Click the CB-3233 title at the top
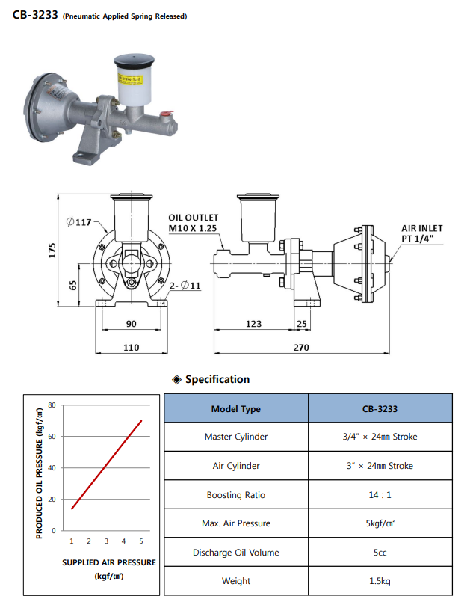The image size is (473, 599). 35,14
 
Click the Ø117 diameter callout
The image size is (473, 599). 78,222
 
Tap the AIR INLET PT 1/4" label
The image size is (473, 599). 422,233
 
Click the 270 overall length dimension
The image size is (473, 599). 300,348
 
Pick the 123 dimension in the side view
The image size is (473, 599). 253,324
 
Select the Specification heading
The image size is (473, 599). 217,379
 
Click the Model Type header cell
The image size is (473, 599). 235,409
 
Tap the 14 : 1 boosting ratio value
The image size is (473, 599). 380,495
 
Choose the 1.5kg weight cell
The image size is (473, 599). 380,581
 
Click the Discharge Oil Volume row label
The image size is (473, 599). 235,553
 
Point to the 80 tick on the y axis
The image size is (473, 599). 52,405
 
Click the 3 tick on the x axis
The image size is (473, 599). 106,541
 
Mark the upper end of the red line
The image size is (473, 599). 141,420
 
